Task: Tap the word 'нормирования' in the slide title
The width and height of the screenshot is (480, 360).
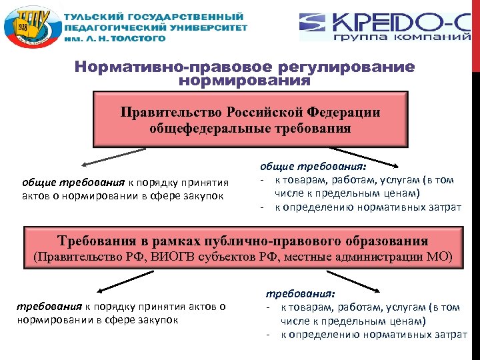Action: (x=245, y=81)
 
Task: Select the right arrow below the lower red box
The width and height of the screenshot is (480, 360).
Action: (x=367, y=285)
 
